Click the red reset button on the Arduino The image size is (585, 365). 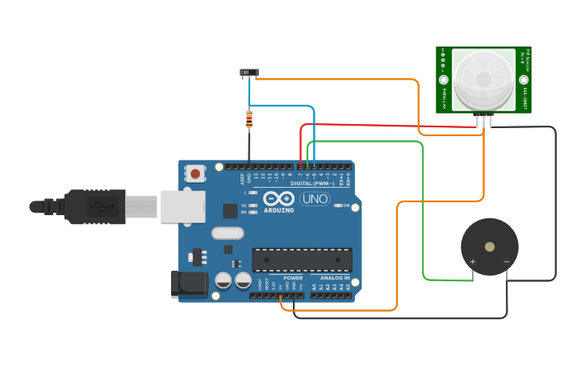(x=195, y=172)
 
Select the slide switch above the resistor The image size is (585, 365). (x=249, y=73)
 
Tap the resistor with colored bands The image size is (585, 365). (x=249, y=120)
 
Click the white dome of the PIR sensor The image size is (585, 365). (x=483, y=79)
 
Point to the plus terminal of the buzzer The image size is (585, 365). (x=472, y=262)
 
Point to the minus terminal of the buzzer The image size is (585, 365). (x=506, y=262)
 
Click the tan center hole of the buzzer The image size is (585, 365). (x=489, y=247)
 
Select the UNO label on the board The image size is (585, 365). (x=315, y=199)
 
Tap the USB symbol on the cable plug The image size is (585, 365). (x=97, y=206)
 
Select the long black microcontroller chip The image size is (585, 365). (x=302, y=259)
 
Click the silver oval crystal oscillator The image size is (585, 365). (x=227, y=234)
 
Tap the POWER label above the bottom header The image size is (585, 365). (x=292, y=278)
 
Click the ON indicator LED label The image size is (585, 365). (x=346, y=205)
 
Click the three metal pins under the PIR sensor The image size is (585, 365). (x=484, y=120)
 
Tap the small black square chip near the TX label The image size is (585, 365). (x=230, y=210)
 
